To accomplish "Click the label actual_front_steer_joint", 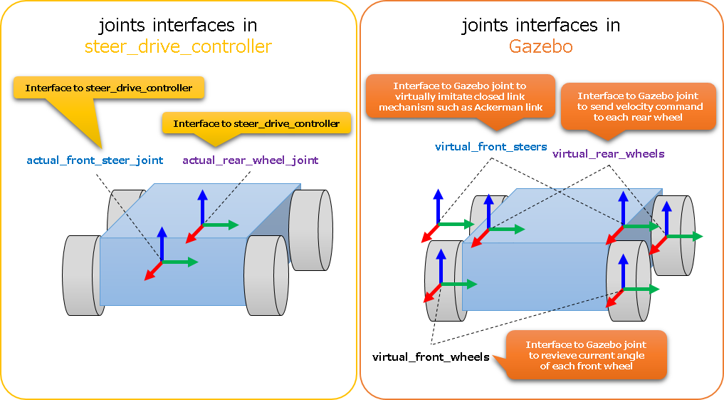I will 95,160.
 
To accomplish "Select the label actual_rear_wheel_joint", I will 251,160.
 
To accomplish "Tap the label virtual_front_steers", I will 490,148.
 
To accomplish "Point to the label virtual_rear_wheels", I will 608,153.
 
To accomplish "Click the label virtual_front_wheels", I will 431,357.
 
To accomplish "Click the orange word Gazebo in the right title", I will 541,48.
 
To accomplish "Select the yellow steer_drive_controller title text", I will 178,48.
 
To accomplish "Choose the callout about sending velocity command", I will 639,106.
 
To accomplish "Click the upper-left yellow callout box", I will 109,88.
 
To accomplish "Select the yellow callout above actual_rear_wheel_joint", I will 256,123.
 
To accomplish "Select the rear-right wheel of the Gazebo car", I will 673,235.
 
